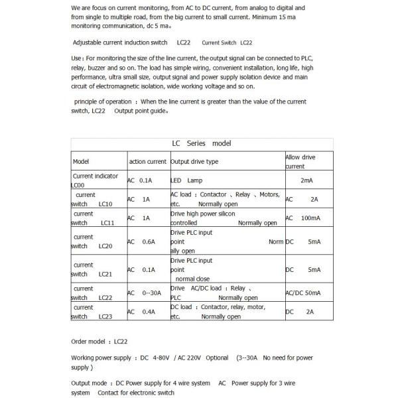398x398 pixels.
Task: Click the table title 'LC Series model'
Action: point(201,143)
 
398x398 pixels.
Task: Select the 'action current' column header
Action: point(147,162)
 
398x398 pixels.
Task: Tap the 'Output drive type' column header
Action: point(194,162)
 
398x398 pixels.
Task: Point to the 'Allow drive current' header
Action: point(300,162)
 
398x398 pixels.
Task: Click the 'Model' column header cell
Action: point(81,162)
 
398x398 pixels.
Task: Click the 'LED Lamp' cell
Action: point(186,180)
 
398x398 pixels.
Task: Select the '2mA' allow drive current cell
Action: point(306,180)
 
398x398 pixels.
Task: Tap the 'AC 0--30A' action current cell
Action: point(142,293)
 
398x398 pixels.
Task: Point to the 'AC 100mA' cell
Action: point(303,218)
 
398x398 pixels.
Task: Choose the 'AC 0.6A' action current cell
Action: point(141,242)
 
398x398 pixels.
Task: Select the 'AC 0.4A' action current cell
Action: point(141,312)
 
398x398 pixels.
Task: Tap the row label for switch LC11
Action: point(93,218)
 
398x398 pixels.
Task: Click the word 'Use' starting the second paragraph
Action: point(77,58)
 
